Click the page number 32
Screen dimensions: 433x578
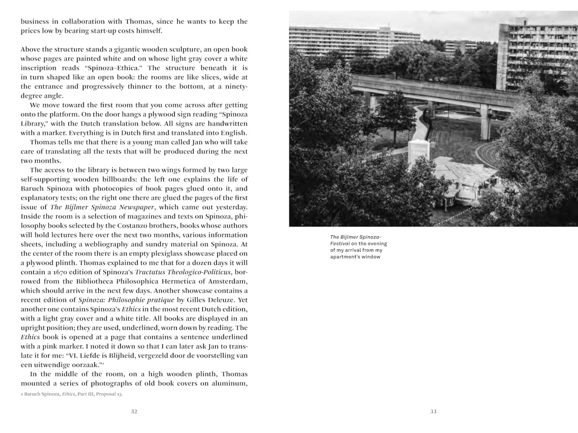click(134, 411)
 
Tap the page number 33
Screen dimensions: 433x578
click(433, 411)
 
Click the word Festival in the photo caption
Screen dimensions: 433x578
click(340, 243)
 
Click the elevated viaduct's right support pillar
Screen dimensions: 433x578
click(485, 123)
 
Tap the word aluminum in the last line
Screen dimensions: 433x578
click(231, 383)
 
